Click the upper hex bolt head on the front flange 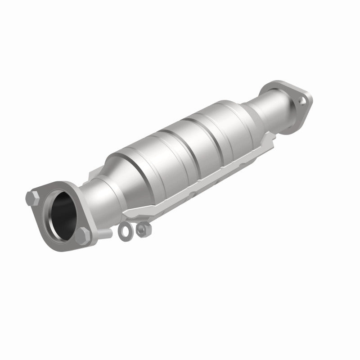click(x=33, y=197)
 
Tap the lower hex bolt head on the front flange click(x=83, y=235)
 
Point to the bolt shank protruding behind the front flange click(x=106, y=233)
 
